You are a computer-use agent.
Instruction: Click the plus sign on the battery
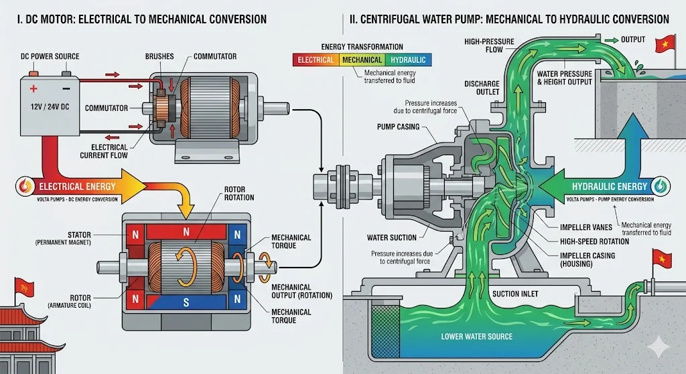coord(31,87)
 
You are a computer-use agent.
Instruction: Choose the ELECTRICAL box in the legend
coord(316,60)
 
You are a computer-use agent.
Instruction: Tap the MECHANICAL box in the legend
coord(362,60)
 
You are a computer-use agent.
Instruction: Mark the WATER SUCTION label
coord(392,237)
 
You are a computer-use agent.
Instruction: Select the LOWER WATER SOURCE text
coord(476,336)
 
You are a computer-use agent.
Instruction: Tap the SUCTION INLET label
coord(515,294)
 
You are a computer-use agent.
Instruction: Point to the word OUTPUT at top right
coord(634,39)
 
